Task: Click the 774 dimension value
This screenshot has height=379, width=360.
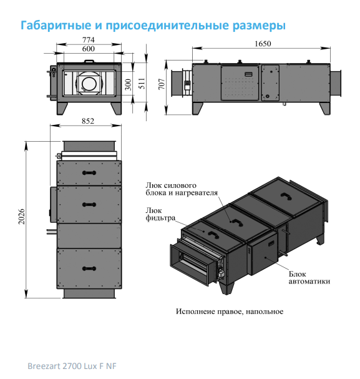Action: coord(89,40)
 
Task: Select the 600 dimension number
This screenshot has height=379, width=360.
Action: coord(89,49)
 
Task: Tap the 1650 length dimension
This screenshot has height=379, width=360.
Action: coord(263,44)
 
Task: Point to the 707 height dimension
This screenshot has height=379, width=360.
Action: coord(162,84)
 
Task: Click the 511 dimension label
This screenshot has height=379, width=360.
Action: coord(142,84)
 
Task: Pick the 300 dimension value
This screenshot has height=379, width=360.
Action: coord(128,84)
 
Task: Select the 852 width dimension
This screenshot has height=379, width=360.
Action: coord(88,121)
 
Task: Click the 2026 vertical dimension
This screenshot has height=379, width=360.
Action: coord(22,216)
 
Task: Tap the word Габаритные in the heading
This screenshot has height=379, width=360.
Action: coord(56,25)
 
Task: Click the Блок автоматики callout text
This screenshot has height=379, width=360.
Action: coord(309,278)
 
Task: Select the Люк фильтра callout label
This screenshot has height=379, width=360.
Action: coord(160,214)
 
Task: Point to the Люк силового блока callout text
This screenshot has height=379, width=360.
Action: coord(182,189)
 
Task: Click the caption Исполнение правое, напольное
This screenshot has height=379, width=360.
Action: coord(230,312)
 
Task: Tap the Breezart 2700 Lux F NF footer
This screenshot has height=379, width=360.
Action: coord(72,366)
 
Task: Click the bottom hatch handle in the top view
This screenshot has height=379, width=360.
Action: coord(89,268)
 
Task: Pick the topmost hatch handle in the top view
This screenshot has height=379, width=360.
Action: coord(89,172)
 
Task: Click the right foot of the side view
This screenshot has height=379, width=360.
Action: coord(324,109)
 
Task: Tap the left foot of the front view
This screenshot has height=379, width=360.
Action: coord(62,109)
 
